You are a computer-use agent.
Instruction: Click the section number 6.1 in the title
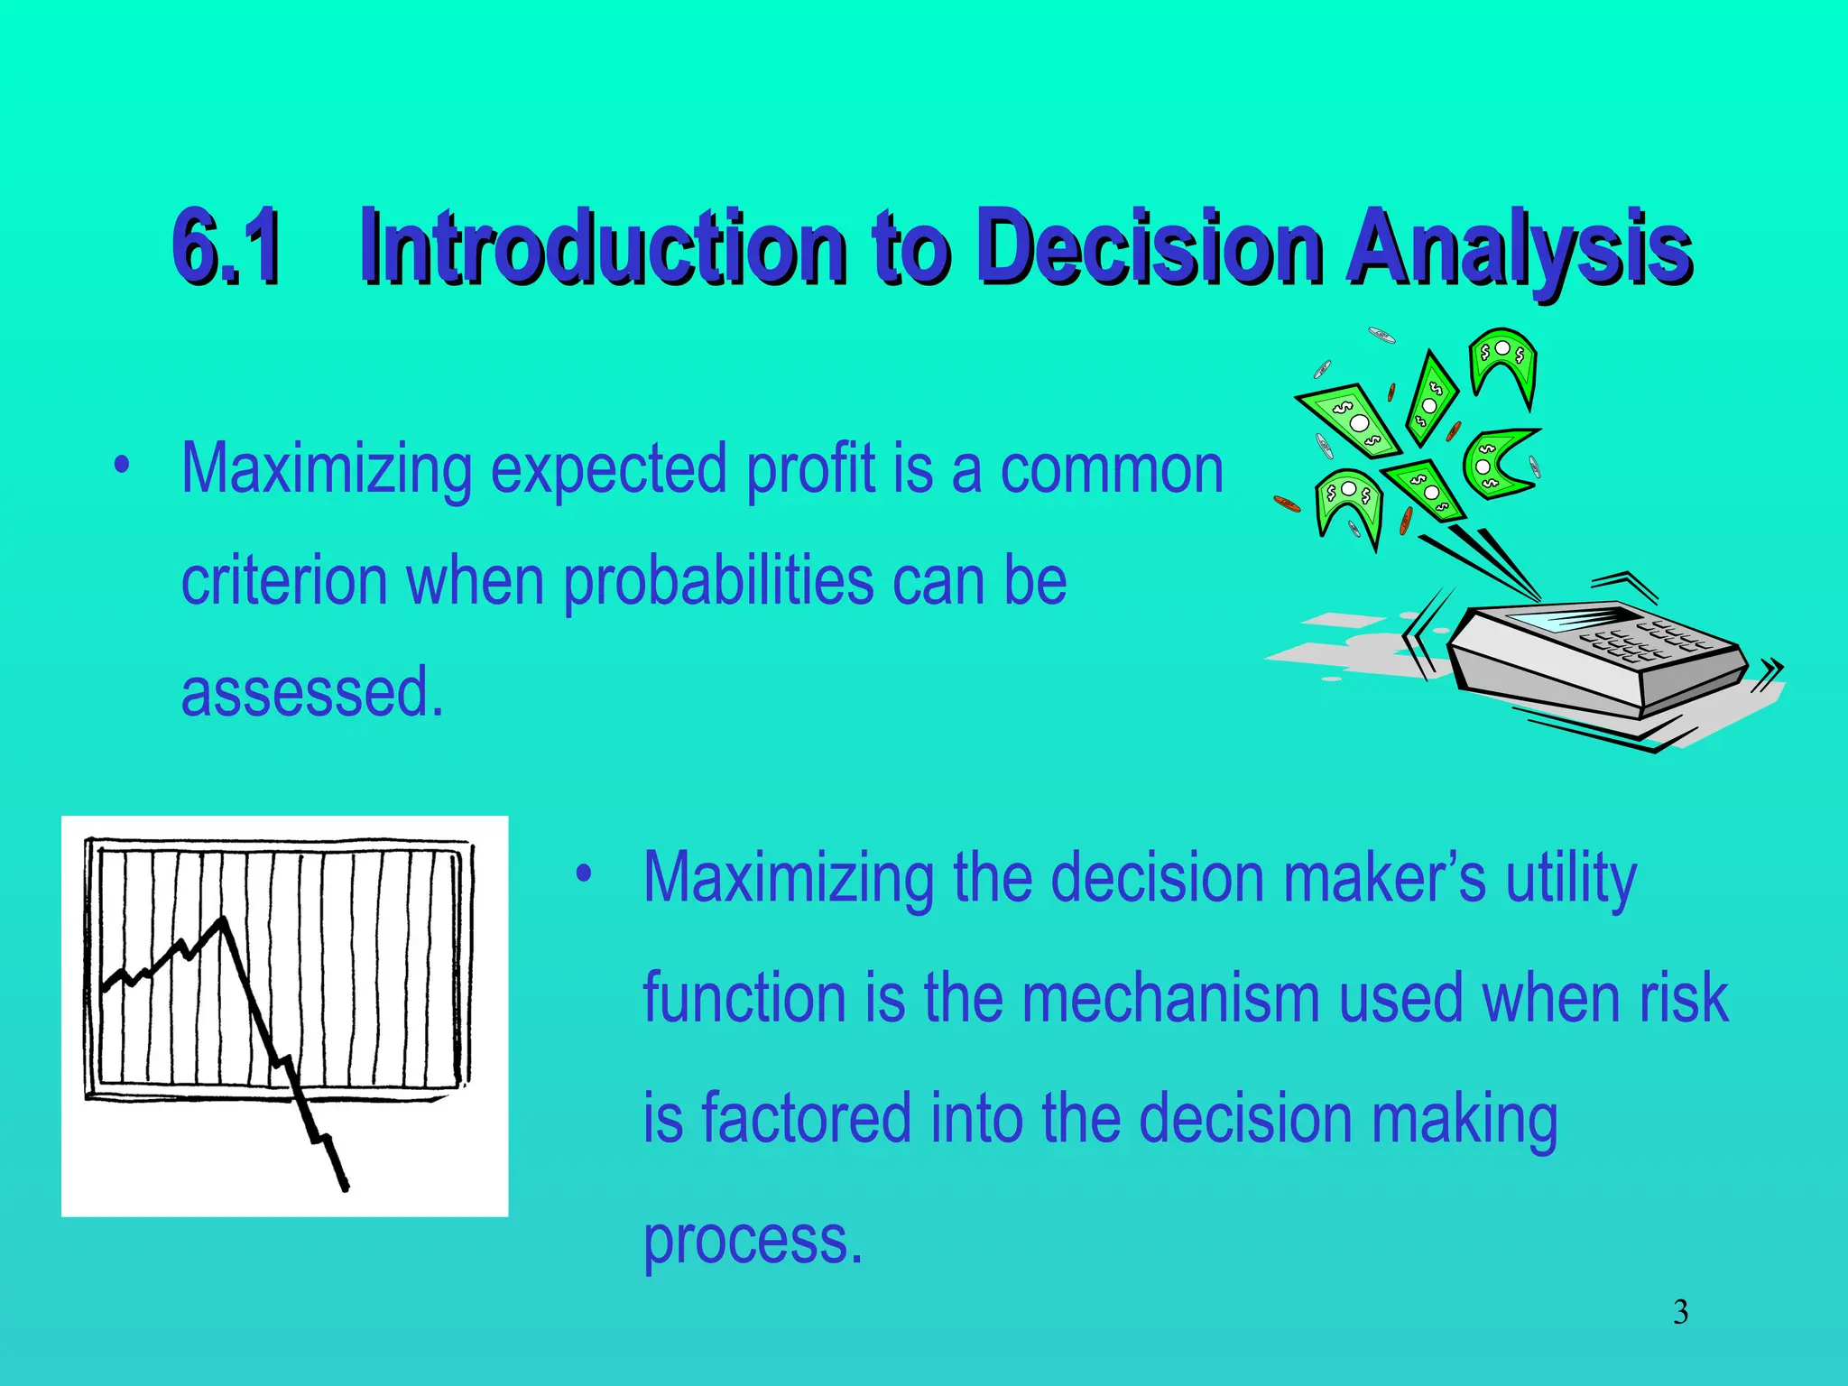227,245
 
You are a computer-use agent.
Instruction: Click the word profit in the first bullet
810,469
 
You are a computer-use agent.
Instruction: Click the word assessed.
312,691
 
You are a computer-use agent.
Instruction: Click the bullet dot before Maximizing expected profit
122,467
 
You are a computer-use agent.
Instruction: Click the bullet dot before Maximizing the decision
584,873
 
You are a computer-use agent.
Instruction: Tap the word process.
753,1240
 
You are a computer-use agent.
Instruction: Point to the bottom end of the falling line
345,1187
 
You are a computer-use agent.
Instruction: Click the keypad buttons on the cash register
1642,641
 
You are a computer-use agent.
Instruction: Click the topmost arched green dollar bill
1503,356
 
